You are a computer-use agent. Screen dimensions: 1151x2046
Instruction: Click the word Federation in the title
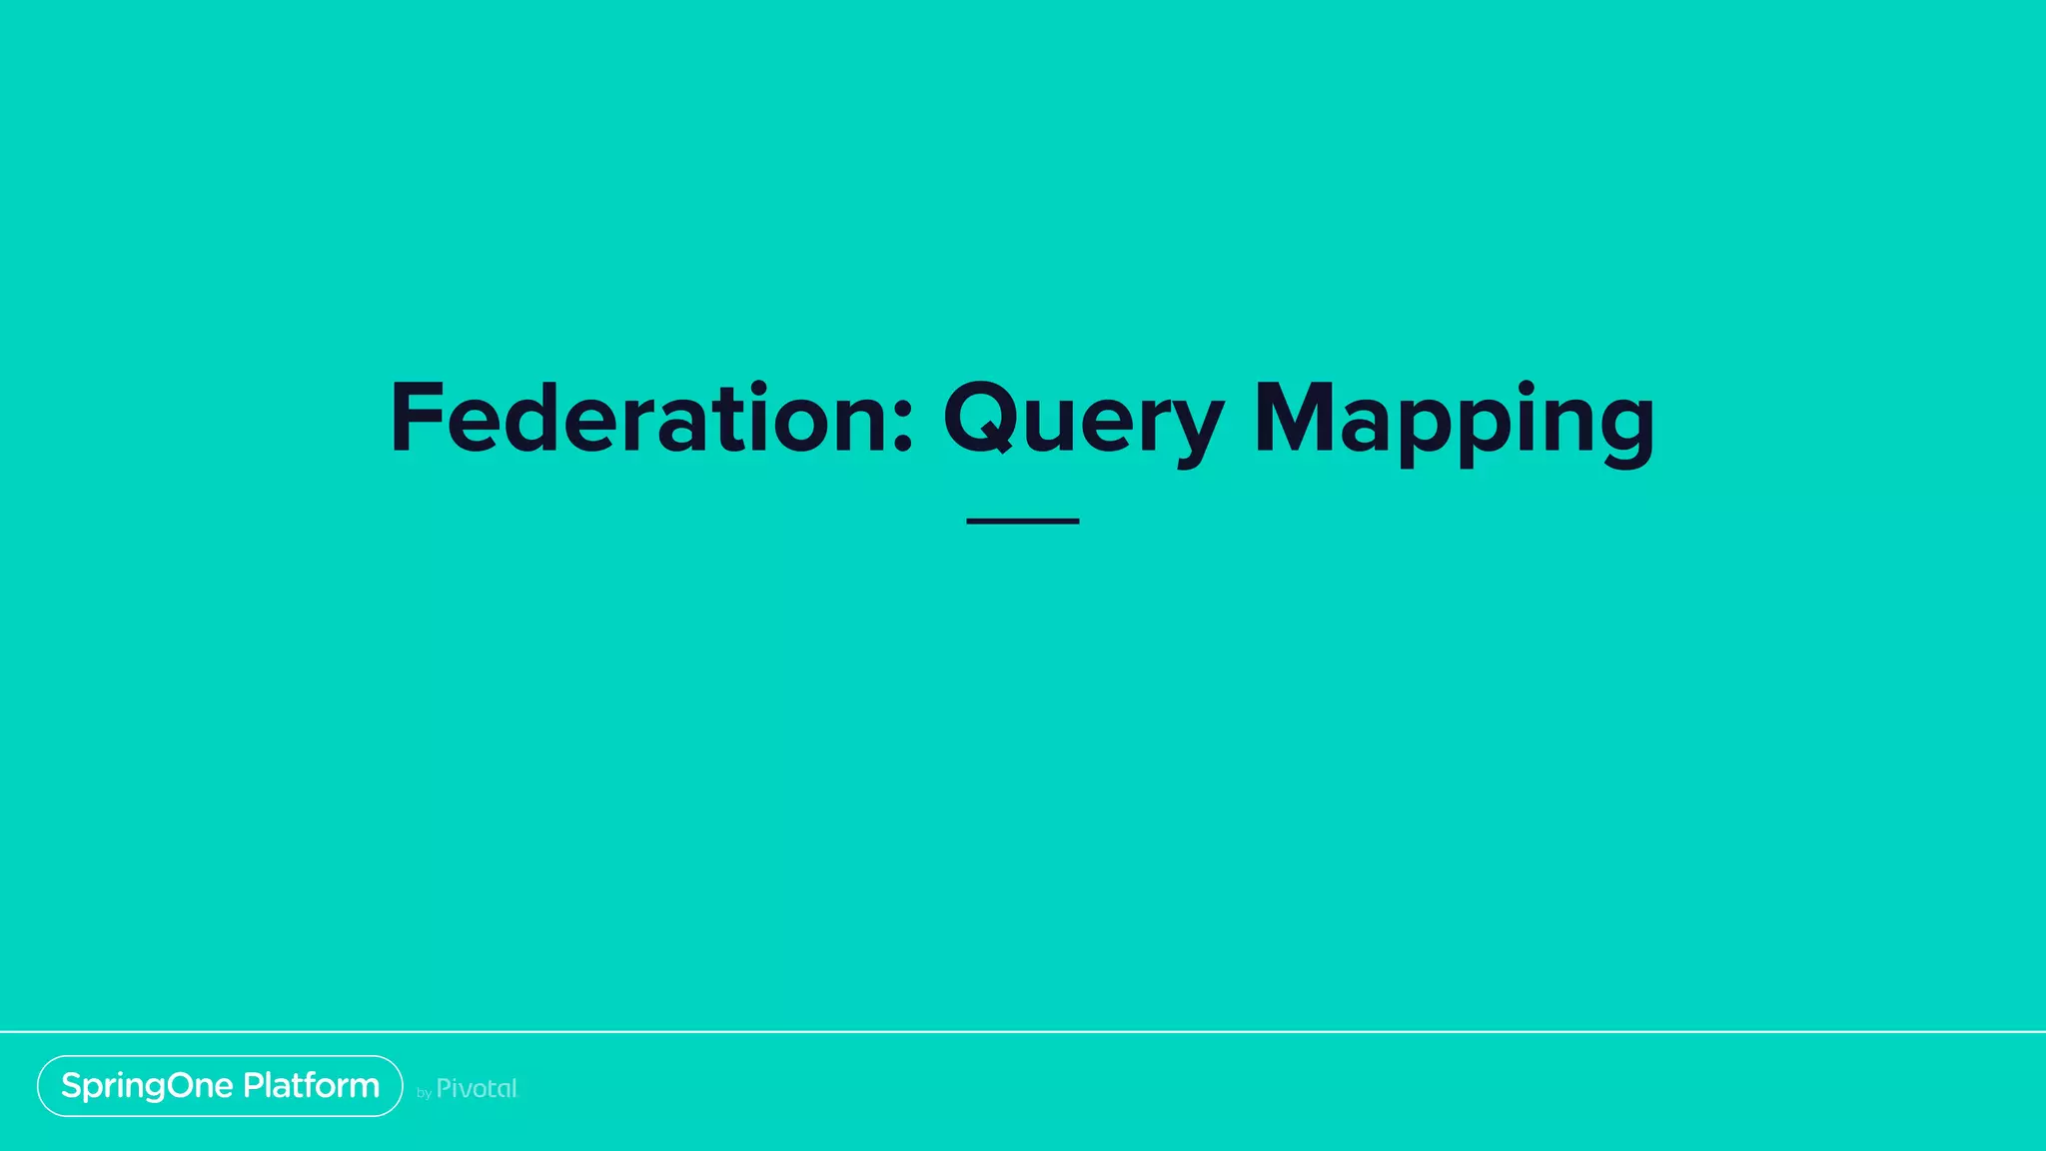tap(639, 418)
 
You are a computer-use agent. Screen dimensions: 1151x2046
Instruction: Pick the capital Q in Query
tap(984, 418)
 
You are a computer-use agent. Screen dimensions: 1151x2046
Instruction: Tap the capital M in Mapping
tap(1294, 418)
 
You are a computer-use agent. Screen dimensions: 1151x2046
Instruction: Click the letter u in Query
tap(1059, 425)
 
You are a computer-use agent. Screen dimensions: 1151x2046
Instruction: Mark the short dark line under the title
tap(1022, 521)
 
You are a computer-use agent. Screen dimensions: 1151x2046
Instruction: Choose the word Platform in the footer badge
tap(311, 1085)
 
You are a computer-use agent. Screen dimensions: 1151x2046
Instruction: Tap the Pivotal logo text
tap(477, 1088)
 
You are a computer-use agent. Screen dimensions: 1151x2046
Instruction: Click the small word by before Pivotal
tap(424, 1093)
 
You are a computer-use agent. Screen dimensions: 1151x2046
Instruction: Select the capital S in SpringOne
tap(72, 1085)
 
